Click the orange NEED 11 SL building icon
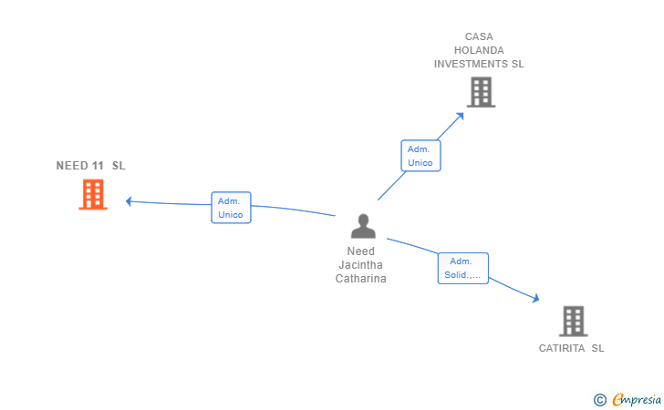pos(93,194)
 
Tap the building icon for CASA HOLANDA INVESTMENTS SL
pos(481,92)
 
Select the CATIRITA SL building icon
pos(574,321)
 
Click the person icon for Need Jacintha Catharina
pos(363,226)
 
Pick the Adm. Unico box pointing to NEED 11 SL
pos(232,208)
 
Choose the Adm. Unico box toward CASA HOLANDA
pos(421,156)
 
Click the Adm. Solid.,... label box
pos(462,268)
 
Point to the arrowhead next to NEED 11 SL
pos(129,201)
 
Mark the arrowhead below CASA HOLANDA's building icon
pos(460,116)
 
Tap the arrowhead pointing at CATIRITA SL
pos(535,298)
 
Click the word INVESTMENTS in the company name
pos(471,64)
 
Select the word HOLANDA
pos(479,50)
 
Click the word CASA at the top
pos(479,36)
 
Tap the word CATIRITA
pos(562,348)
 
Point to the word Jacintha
pos(361,265)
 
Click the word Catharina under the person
pos(361,279)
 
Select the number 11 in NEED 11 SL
pos(98,166)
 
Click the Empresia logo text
pos(637,399)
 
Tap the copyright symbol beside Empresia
pos(600,400)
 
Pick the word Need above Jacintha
pos(361,251)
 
